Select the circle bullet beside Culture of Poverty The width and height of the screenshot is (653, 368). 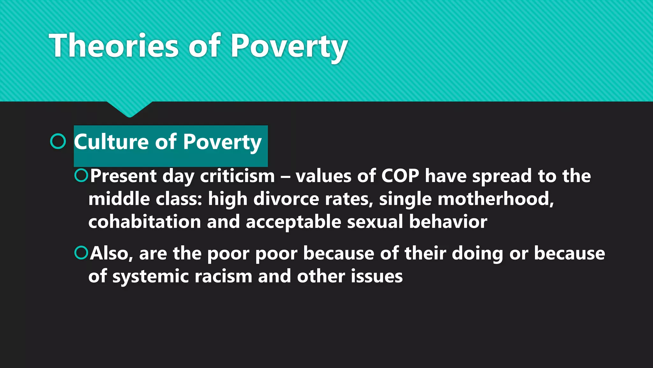click(x=58, y=141)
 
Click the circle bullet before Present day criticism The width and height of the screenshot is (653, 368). click(x=81, y=175)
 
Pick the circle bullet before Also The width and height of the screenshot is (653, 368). click(x=81, y=253)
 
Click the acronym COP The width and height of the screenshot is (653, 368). click(x=400, y=176)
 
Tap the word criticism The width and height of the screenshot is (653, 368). click(x=237, y=176)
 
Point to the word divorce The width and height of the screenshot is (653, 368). click(x=286, y=199)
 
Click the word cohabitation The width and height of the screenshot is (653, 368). click(x=144, y=221)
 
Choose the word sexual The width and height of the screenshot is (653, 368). click(x=375, y=221)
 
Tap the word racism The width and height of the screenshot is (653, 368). click(x=223, y=276)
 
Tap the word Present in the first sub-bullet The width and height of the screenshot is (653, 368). click(x=123, y=176)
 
